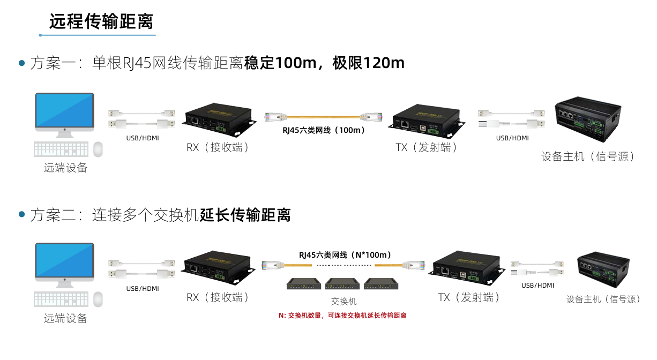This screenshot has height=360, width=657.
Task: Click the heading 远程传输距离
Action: pyautogui.click(x=101, y=21)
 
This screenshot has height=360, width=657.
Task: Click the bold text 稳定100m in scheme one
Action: pyautogui.click(x=281, y=63)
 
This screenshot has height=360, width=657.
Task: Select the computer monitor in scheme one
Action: pyautogui.click(x=64, y=112)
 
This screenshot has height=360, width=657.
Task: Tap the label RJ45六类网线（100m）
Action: pyautogui.click(x=324, y=130)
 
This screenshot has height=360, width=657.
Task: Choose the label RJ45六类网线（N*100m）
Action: pyautogui.click(x=345, y=254)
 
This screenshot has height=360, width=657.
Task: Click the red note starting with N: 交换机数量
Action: pyautogui.click(x=342, y=316)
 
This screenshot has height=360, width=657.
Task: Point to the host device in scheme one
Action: pyautogui.click(x=587, y=118)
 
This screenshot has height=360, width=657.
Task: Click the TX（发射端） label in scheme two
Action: pyautogui.click(x=469, y=297)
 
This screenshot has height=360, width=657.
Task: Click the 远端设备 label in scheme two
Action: pyautogui.click(x=65, y=319)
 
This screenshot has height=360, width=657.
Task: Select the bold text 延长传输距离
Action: pyautogui.click(x=245, y=215)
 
